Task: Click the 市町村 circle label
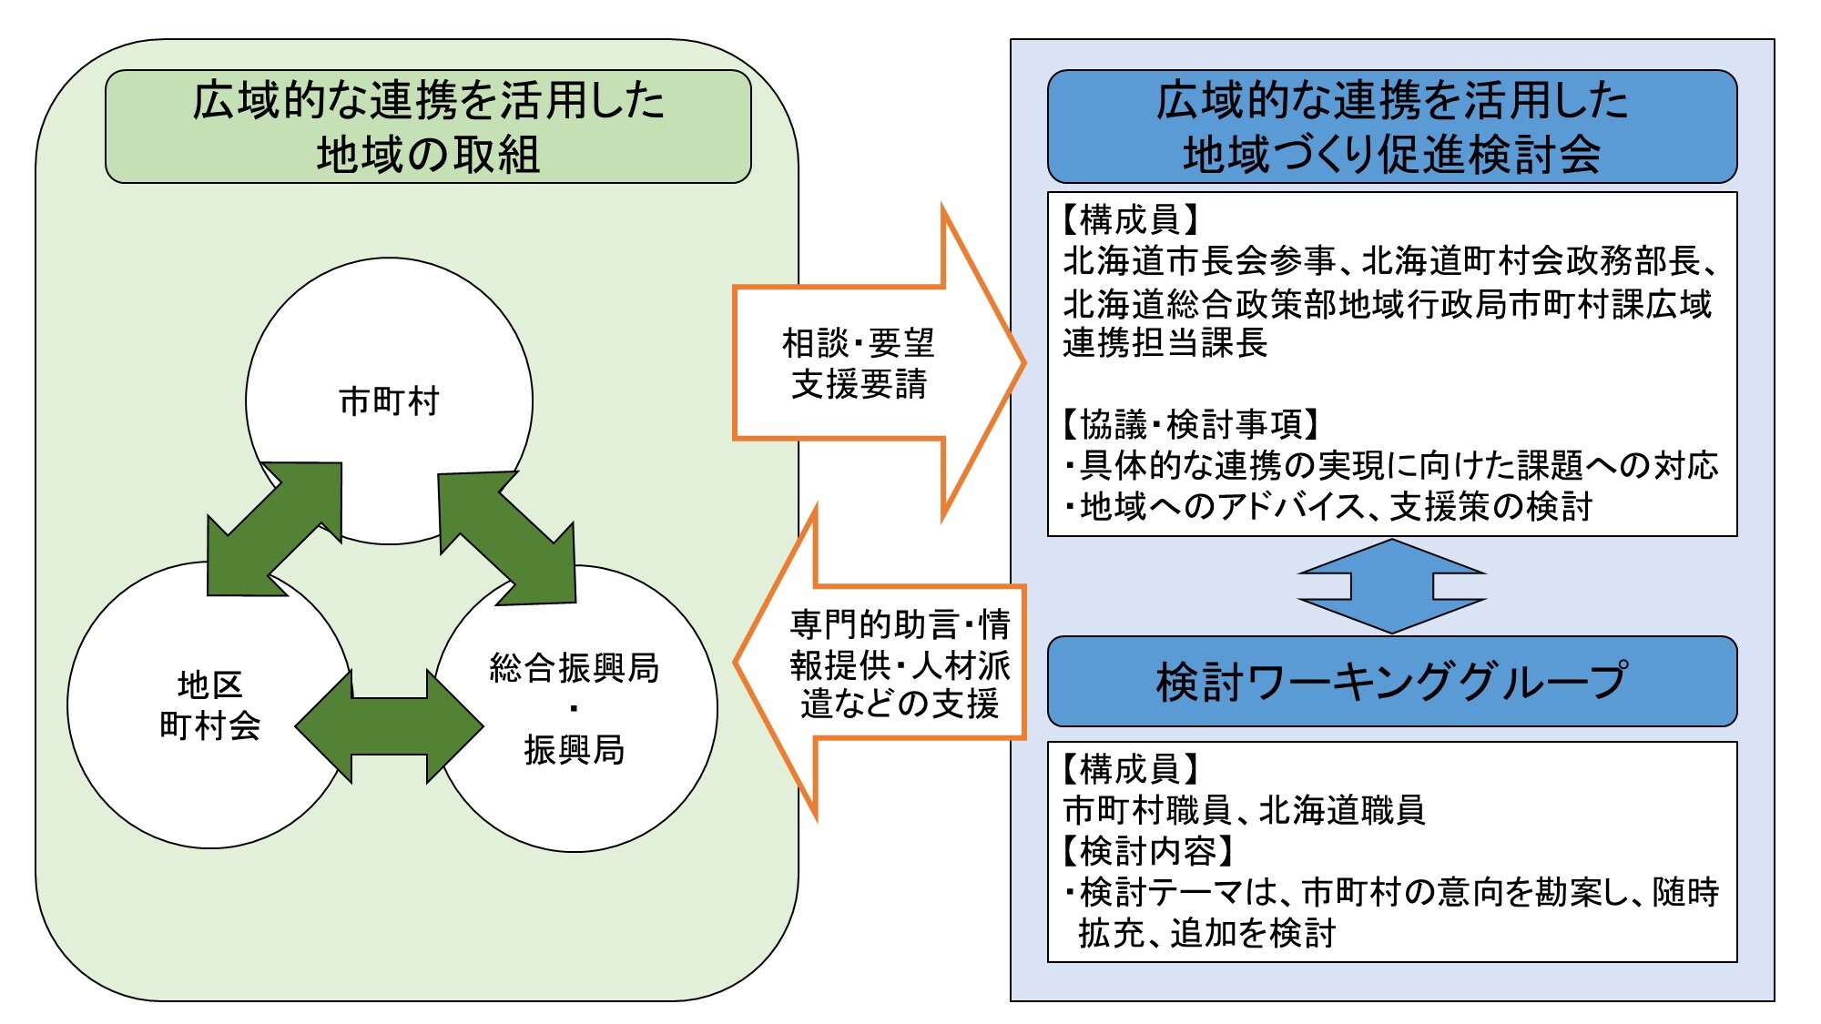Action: click(389, 400)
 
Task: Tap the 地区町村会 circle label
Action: click(210, 705)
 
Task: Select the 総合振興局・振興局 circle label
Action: click(574, 708)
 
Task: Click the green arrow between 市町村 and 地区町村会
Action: click(273, 529)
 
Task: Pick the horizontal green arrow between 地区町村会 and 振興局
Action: click(389, 726)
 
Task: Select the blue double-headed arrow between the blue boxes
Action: click(1391, 586)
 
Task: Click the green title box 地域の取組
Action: click(428, 127)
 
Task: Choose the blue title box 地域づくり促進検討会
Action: click(1391, 127)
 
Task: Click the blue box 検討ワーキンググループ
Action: click(1391, 681)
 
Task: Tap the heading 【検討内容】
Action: click(1147, 851)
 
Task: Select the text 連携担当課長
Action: click(1165, 343)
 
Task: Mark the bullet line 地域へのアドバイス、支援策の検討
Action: click(1329, 506)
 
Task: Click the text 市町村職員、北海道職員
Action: click(1244, 809)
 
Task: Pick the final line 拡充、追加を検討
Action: click(1206, 933)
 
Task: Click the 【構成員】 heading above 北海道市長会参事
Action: click(1130, 219)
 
